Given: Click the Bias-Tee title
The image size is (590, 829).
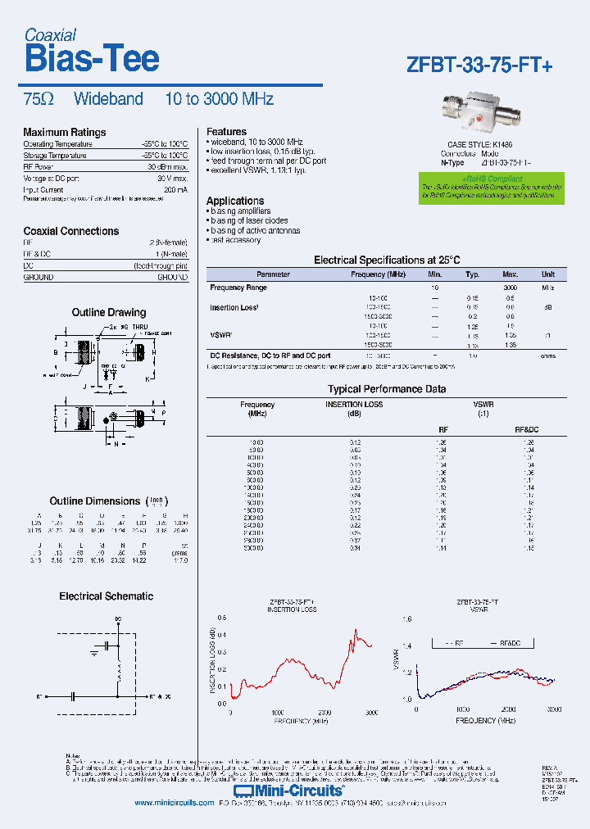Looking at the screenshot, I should (x=91, y=59).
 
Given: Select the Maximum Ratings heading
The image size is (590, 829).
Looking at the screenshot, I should (x=64, y=132).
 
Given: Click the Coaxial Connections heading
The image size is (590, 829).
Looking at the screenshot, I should (x=70, y=231).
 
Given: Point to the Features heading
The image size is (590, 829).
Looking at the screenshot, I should (x=226, y=131).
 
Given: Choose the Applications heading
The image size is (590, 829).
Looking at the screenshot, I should (x=234, y=201).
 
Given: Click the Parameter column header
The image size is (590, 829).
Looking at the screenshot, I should (x=273, y=274).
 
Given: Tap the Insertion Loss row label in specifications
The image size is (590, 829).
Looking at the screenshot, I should (x=234, y=307).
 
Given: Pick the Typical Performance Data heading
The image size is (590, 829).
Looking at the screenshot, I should (x=387, y=389).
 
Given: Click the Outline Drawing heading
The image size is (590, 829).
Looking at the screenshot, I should (x=109, y=312).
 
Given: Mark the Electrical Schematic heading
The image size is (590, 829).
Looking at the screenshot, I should (x=106, y=596).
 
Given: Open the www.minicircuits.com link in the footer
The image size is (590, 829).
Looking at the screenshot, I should (x=174, y=803).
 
